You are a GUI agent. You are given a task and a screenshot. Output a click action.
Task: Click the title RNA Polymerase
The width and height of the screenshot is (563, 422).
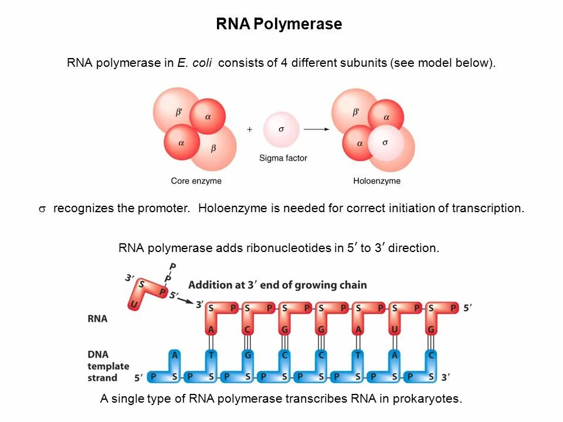tap(279, 25)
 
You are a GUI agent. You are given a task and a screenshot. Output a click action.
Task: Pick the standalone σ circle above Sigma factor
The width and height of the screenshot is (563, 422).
tap(281, 129)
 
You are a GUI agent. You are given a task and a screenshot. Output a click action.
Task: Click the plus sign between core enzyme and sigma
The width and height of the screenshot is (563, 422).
tap(249, 130)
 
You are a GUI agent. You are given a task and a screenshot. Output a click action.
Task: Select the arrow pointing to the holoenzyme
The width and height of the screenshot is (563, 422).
tap(316, 130)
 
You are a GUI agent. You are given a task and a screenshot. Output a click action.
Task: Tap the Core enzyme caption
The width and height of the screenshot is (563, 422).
tap(196, 181)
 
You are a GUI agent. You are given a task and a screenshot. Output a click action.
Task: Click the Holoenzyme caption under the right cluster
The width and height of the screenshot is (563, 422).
tap(377, 181)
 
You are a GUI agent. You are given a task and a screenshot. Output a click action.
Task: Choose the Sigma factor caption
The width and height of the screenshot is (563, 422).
tap(283, 158)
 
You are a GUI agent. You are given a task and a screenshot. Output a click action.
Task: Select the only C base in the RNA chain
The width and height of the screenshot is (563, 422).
tap(248, 330)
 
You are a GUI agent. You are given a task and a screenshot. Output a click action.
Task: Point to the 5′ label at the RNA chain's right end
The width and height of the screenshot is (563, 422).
tap(467, 307)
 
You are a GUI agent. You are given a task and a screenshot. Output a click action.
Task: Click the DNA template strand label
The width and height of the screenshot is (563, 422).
tap(108, 366)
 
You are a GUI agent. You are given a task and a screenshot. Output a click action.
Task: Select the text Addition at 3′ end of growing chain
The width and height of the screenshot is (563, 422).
tap(277, 285)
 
